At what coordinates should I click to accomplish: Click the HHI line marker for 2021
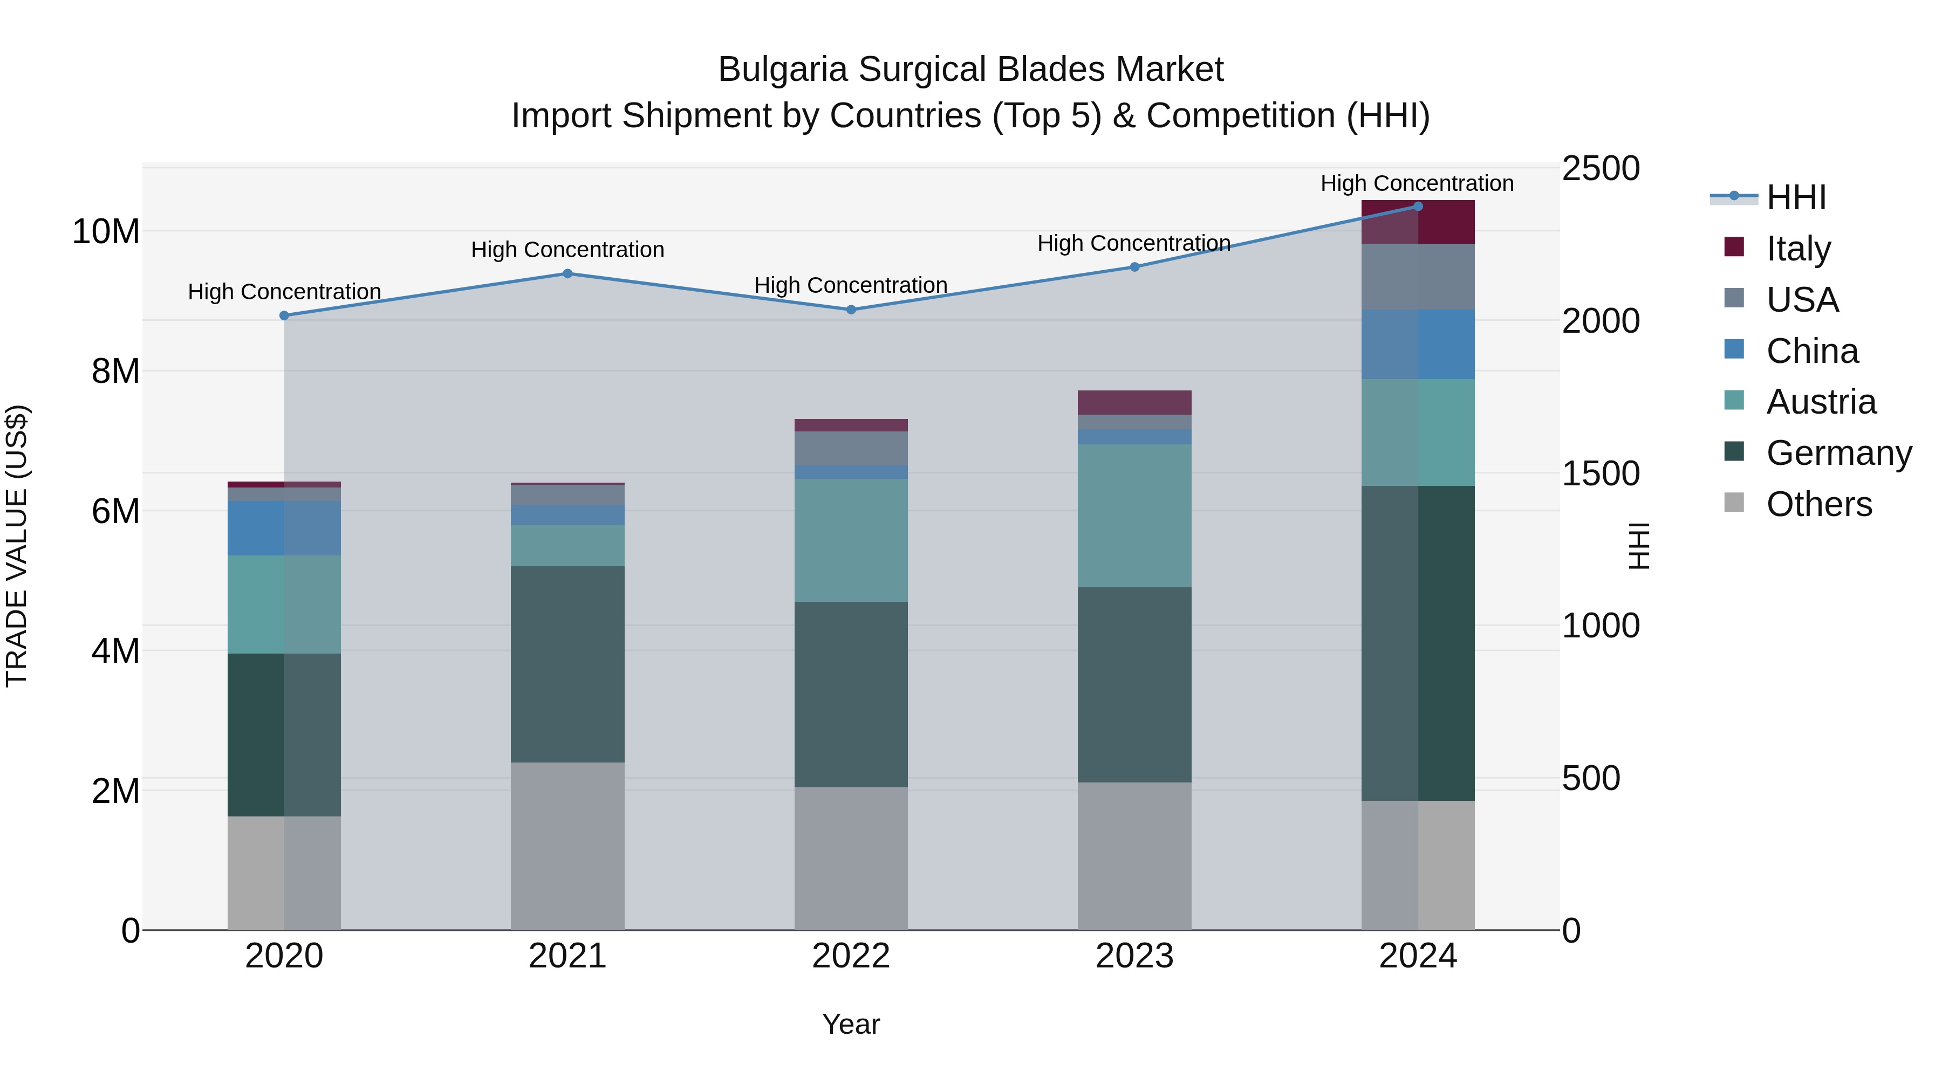click(x=567, y=273)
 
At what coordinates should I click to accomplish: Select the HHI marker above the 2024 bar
click(x=1417, y=207)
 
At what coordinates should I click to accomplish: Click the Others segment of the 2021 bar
click(x=567, y=846)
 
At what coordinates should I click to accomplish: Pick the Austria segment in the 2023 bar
click(x=1134, y=516)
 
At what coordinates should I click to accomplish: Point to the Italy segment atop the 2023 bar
click(x=1134, y=402)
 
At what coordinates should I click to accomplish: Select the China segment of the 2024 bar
click(x=1417, y=345)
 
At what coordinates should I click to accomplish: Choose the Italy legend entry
click(x=1798, y=249)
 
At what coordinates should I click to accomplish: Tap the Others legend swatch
click(x=1734, y=503)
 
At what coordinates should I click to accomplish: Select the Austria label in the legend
click(x=1821, y=402)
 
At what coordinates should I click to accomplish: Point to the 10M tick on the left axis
click(x=106, y=231)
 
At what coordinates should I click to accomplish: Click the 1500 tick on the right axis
click(x=1600, y=473)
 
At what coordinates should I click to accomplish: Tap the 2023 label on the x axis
click(x=1134, y=956)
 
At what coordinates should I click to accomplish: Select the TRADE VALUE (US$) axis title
click(x=17, y=546)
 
